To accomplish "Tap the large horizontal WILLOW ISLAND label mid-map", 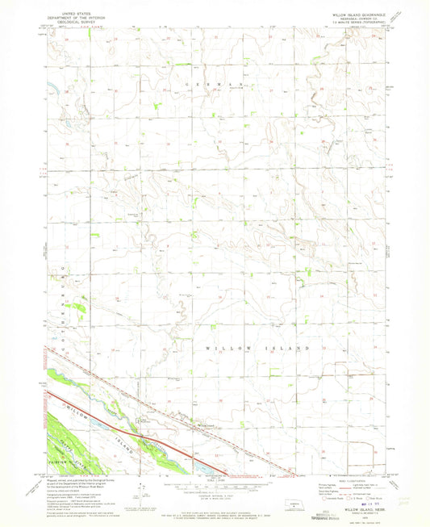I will click(x=258, y=347).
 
